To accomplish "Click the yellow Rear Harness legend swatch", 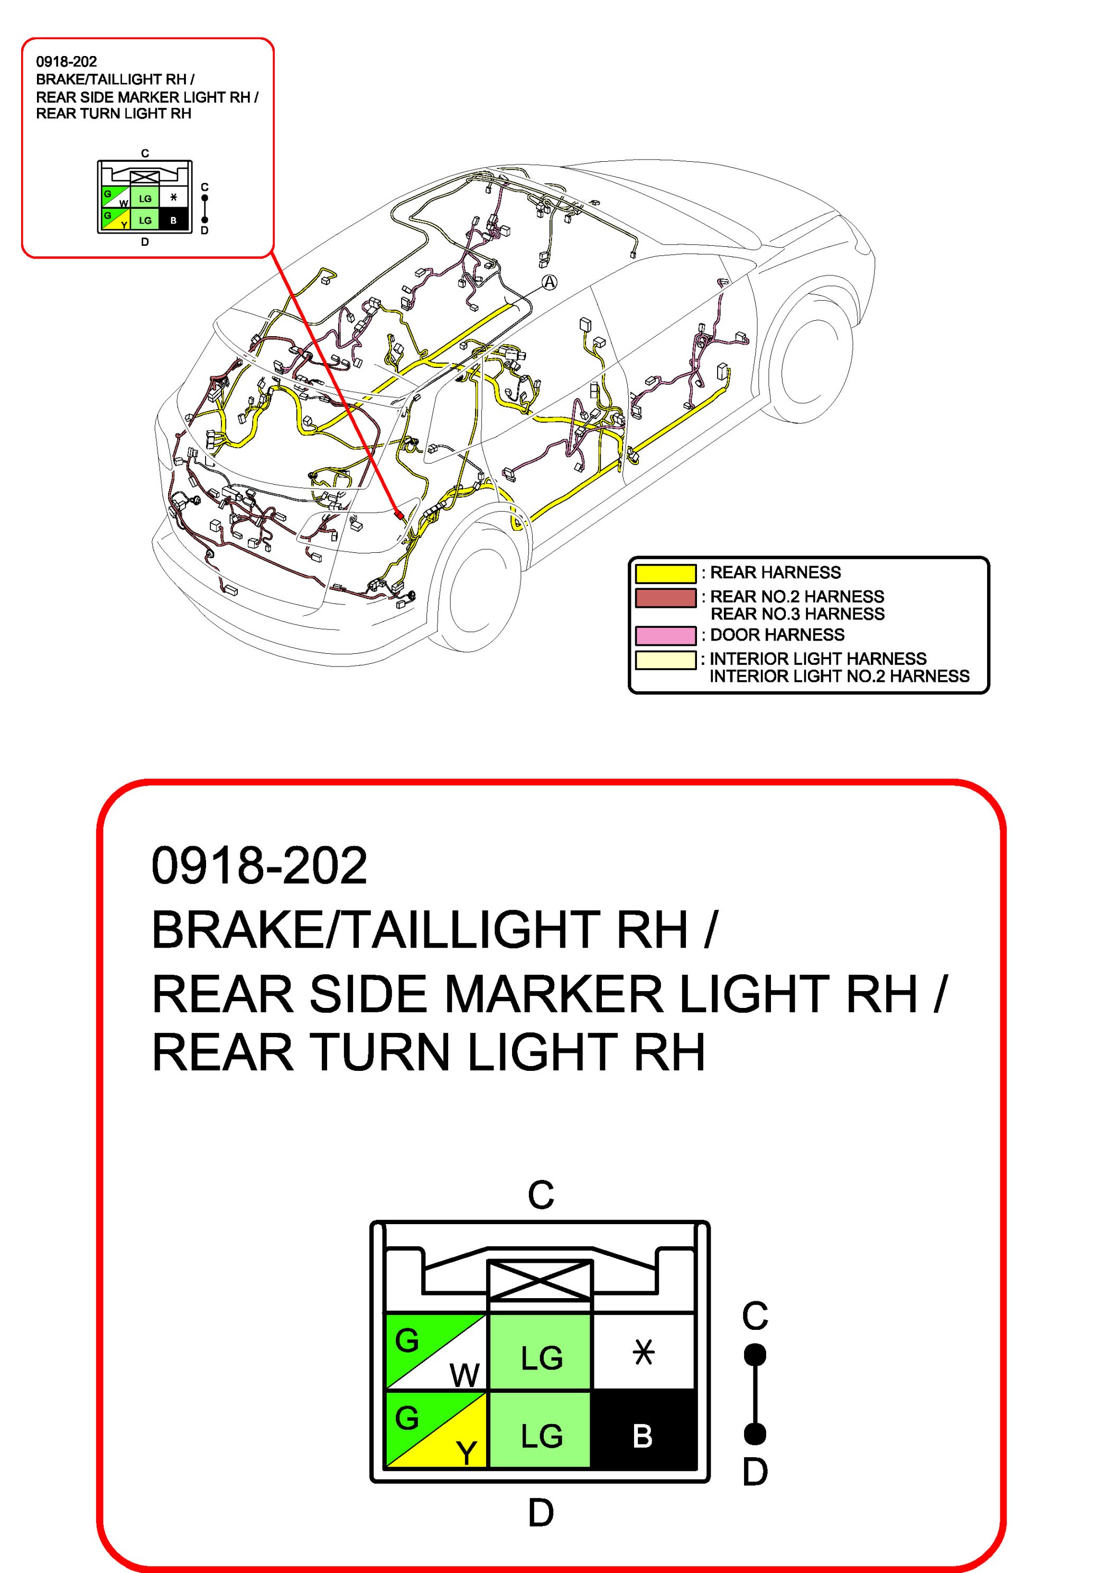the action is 665,573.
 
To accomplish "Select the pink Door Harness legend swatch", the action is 665,635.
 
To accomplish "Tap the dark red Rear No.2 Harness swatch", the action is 665,597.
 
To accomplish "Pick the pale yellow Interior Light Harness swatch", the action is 665,660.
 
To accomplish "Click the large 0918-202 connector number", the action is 259,865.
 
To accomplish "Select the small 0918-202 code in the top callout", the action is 67,62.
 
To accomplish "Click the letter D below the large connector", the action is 540,1513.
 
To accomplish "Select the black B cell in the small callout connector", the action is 173,220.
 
